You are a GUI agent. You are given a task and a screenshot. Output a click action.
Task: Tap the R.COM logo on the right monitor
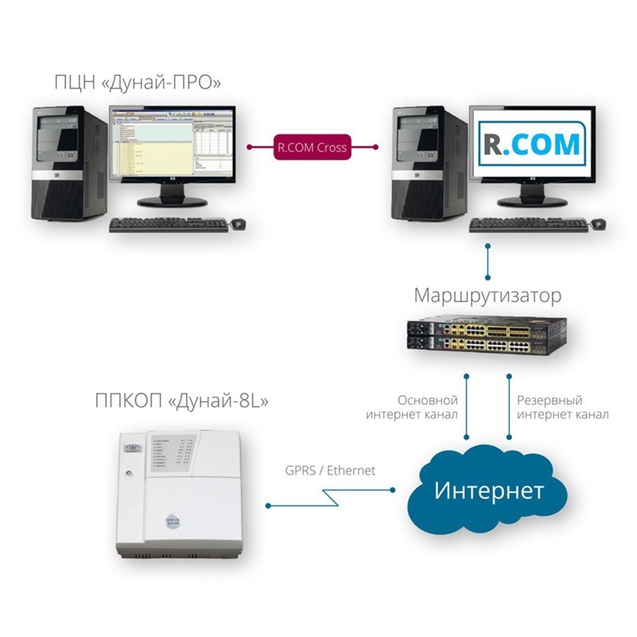pyautogui.click(x=533, y=144)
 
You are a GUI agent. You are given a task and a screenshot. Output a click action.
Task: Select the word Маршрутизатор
pyautogui.click(x=488, y=296)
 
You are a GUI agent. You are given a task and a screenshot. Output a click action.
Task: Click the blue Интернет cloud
pyautogui.click(x=489, y=490)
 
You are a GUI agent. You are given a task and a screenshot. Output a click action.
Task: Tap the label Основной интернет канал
pyautogui.click(x=412, y=408)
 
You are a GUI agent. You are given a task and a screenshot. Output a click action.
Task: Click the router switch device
pyautogui.click(x=487, y=336)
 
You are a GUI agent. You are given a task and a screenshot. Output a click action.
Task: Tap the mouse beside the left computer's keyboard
pyautogui.click(x=238, y=224)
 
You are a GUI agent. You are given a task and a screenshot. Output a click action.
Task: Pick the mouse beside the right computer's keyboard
pyautogui.click(x=598, y=224)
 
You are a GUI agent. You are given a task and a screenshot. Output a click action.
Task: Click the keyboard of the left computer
pyautogui.click(x=168, y=225)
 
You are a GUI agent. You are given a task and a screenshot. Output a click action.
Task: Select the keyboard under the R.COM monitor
pyautogui.click(x=529, y=225)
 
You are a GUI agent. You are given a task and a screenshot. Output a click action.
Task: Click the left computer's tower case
pyautogui.click(x=69, y=163)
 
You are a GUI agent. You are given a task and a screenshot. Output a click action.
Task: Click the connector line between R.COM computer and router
pyautogui.click(x=488, y=261)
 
